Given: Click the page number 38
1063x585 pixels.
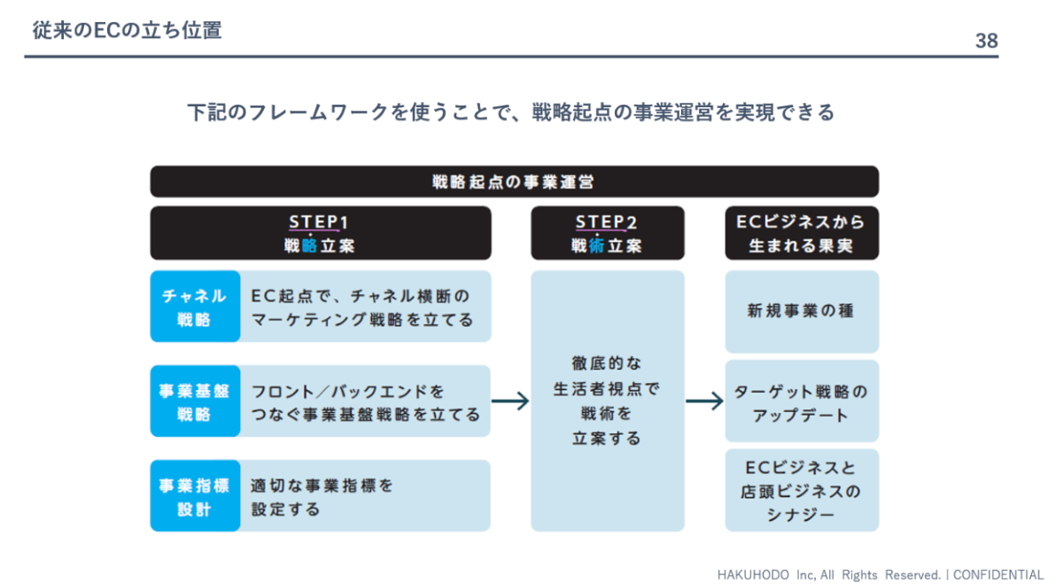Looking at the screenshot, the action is [987, 41].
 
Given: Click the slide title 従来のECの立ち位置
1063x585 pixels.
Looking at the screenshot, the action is [128, 30].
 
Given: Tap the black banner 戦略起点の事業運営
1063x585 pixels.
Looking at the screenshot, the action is [515, 182].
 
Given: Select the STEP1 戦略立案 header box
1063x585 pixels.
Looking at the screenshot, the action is [321, 232].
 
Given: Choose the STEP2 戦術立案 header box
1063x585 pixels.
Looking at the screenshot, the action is [608, 232].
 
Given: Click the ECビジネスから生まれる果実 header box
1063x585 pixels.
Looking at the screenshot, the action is [802, 232].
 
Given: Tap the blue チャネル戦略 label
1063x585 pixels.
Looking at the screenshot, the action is [195, 307].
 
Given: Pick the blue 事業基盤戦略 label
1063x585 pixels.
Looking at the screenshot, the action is [195, 401].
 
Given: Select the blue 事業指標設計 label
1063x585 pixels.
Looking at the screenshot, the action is [195, 495].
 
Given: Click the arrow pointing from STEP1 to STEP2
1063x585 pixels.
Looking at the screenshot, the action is [510, 402].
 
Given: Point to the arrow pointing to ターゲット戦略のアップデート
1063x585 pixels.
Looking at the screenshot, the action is [705, 402].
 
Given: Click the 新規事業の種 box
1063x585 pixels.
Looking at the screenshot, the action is [802, 311].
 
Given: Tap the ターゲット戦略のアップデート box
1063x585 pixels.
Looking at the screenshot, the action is [802, 401].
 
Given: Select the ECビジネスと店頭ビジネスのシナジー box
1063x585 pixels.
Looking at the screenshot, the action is [802, 490].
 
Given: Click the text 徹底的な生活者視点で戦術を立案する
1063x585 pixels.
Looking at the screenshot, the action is [607, 401].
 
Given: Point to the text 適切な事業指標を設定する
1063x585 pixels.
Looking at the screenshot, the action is [322, 497].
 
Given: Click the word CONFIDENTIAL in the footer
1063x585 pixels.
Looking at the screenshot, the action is [998, 574].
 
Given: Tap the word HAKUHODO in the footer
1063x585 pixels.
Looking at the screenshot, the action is [753, 574].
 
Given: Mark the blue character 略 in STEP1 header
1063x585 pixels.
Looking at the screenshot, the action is [309, 246].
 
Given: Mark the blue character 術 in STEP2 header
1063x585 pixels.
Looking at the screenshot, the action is [596, 246].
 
